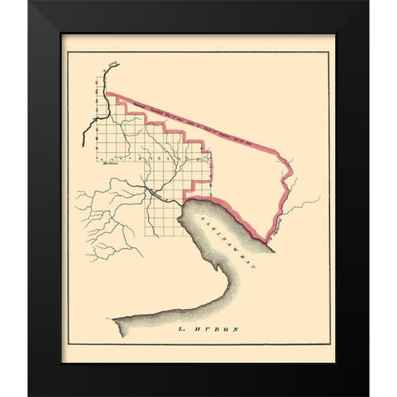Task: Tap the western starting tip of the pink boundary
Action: pyautogui.click(x=108, y=93)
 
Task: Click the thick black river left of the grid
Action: pyautogui.click(x=88, y=124)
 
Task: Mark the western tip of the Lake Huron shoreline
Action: pyautogui.click(x=115, y=318)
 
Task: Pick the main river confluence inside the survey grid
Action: pyautogui.click(x=149, y=189)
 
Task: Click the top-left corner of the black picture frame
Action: pyautogui.click(x=30, y=2)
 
